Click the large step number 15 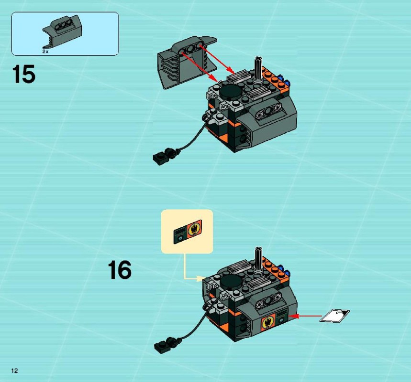coord(23,74)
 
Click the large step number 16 coord(120,270)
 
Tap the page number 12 coord(14,370)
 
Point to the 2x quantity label coord(45,52)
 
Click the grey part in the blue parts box coord(62,32)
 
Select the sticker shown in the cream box coord(188,232)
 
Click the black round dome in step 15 coord(230,92)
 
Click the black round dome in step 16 coord(231,282)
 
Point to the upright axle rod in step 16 coord(258,260)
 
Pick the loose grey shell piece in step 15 coord(187,62)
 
